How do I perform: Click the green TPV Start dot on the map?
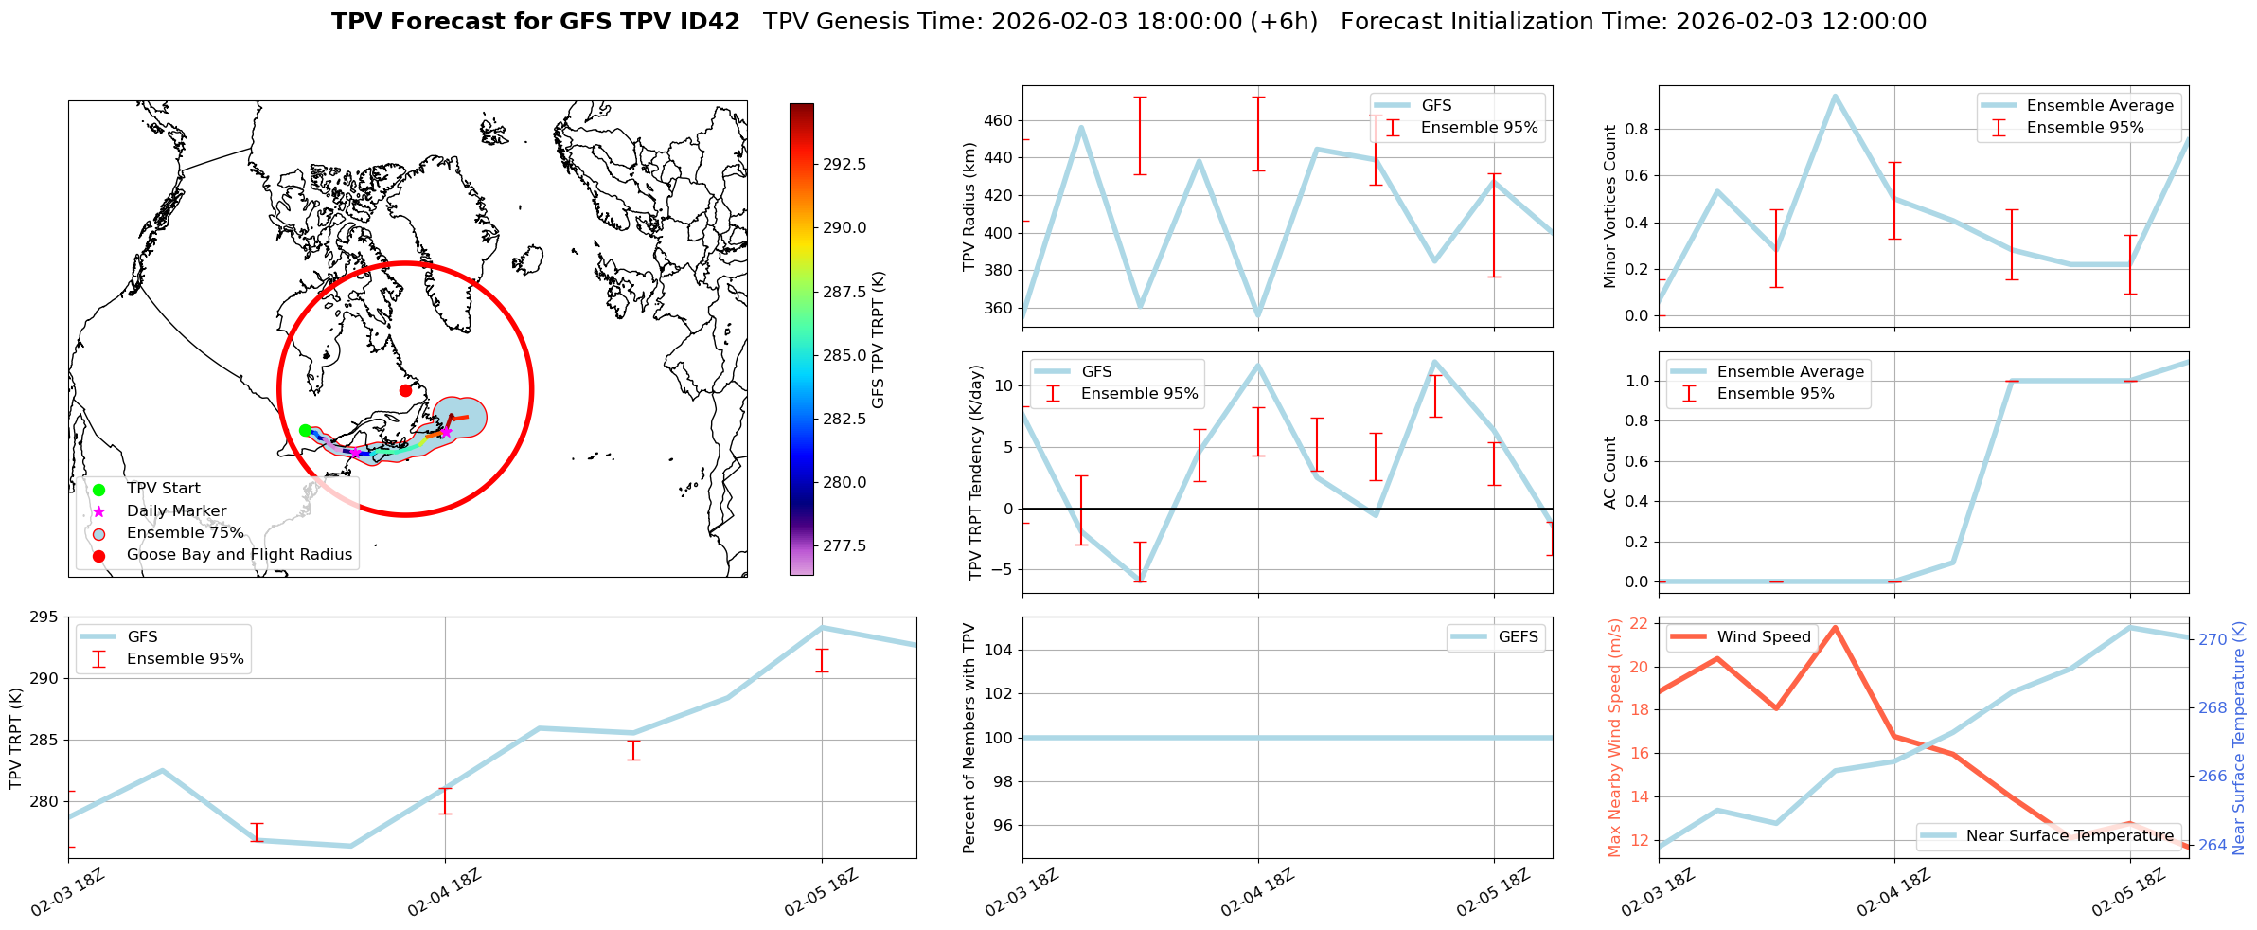pyautogui.click(x=305, y=430)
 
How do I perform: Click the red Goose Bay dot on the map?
pyautogui.click(x=405, y=390)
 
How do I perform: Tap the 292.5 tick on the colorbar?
pyautogui.click(x=844, y=164)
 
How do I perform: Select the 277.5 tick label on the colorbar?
pyautogui.click(x=844, y=545)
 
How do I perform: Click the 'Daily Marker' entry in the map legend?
pyautogui.click(x=176, y=510)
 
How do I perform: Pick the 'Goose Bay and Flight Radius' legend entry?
pyautogui.click(x=239, y=555)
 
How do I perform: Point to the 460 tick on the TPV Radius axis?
pyautogui.click(x=997, y=120)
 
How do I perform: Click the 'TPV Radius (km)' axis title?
pyautogui.click(x=969, y=206)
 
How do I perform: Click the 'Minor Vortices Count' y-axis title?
pyautogui.click(x=1609, y=206)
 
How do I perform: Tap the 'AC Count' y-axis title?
pyautogui.click(x=1609, y=473)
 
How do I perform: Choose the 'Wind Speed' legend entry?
pyautogui.click(x=1763, y=637)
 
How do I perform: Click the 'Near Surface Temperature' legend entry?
pyautogui.click(x=2069, y=836)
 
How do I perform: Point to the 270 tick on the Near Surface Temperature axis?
pyautogui.click(x=2213, y=640)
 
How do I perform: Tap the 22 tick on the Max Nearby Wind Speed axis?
pyautogui.click(x=1639, y=623)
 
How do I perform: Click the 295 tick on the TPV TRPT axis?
pyautogui.click(x=44, y=617)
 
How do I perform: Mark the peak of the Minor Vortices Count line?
pyautogui.click(x=1835, y=96)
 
